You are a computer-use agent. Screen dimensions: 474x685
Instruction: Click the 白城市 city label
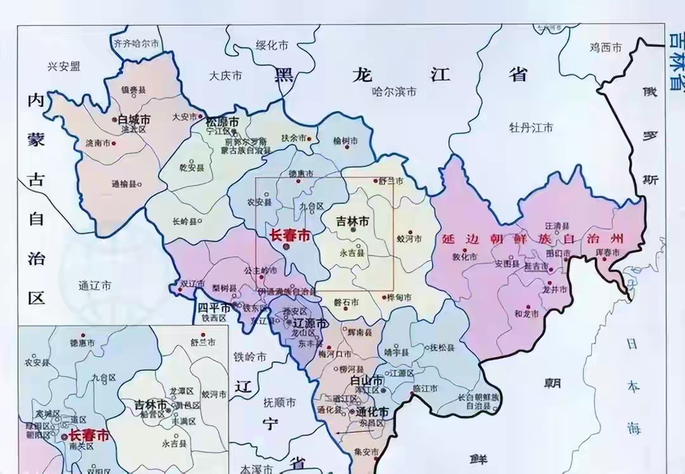coord(134,119)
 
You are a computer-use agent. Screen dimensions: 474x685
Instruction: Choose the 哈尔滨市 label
coord(394,91)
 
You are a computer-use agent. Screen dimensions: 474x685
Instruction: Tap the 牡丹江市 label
coord(531,128)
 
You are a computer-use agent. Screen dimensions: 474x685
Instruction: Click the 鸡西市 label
coord(606,47)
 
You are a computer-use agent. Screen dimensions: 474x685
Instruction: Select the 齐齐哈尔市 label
coord(135,44)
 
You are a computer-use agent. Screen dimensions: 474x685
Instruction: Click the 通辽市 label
coord(95,286)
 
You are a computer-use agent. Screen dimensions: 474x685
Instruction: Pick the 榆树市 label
coord(346,141)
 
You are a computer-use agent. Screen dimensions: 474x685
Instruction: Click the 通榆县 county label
coord(124,184)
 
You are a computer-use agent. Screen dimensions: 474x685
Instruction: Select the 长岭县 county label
coord(185,222)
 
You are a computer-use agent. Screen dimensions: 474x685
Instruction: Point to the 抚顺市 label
coord(279,402)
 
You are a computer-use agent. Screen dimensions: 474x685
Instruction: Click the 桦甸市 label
coord(399,297)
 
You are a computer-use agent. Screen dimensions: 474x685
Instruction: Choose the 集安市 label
coord(367,452)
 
